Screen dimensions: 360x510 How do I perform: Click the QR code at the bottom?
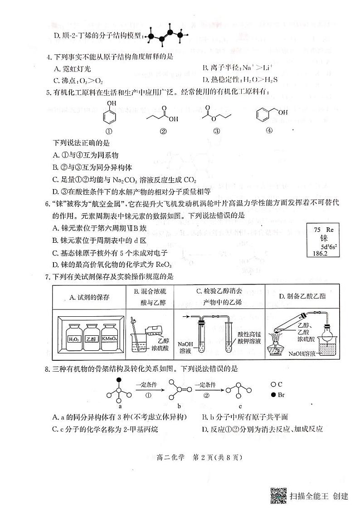[278, 496]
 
